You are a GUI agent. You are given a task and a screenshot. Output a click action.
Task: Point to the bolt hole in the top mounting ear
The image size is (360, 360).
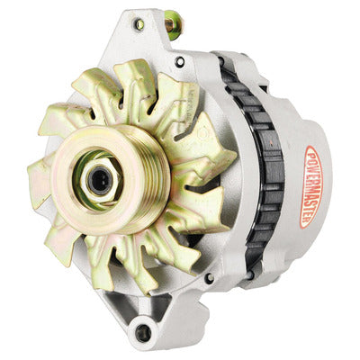coord(139,25)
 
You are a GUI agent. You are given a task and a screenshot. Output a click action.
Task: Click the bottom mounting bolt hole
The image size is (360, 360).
coord(143,333)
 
